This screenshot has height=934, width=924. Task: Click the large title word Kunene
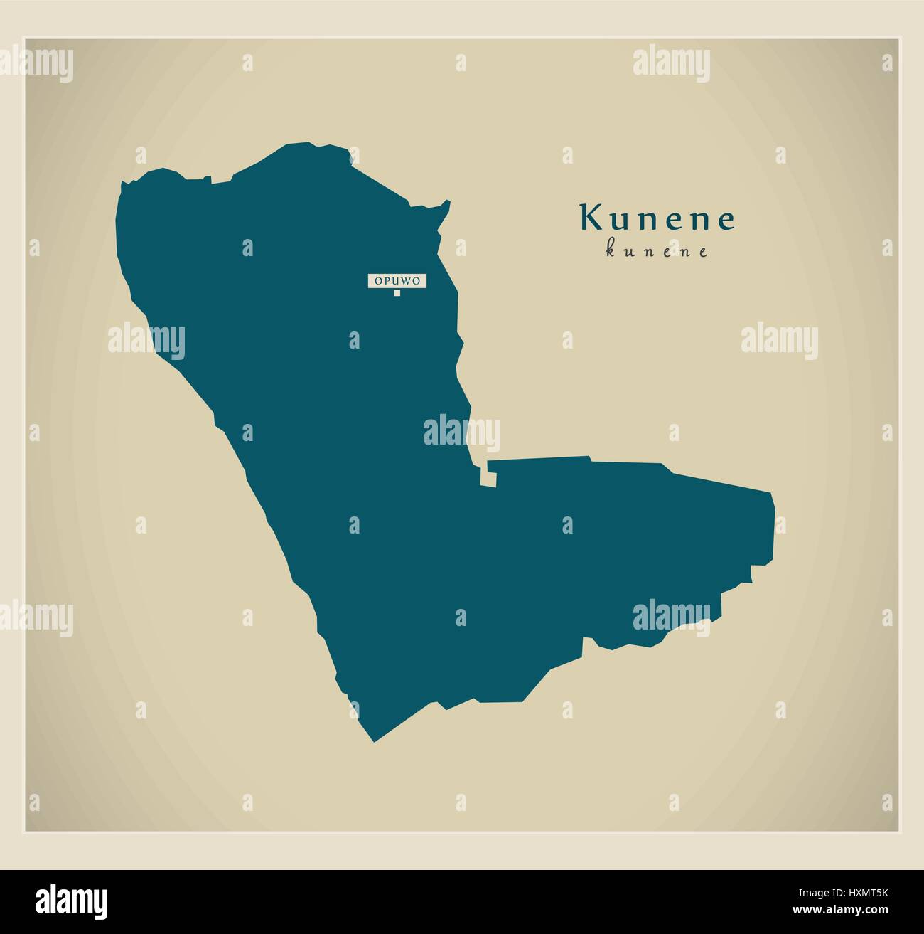tap(657, 218)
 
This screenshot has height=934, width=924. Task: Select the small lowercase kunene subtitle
tap(657, 251)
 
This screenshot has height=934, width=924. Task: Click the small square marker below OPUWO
tap(397, 292)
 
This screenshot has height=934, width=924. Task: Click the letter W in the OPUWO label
tap(408, 281)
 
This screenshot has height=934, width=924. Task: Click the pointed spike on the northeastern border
tap(448, 203)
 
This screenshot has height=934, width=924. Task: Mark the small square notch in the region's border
tap(489, 477)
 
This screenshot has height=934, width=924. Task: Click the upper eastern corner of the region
tap(772, 493)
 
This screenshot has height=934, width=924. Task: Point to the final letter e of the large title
tap(726, 221)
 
